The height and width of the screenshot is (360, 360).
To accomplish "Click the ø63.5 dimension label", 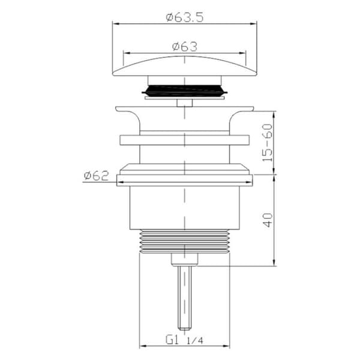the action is click(185, 17).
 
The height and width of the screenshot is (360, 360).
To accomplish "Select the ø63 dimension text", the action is click(185, 47).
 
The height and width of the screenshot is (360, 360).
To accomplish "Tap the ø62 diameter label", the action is click(96, 176).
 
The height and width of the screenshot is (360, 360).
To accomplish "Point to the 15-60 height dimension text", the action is click(268, 143).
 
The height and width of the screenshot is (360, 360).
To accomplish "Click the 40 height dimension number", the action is click(268, 220).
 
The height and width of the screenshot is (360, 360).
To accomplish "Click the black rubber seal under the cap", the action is click(185, 90).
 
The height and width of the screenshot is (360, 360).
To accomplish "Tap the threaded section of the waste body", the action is click(185, 241).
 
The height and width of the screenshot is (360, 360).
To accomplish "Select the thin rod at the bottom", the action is click(184, 298).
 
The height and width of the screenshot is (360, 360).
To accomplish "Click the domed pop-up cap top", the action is click(185, 66).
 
